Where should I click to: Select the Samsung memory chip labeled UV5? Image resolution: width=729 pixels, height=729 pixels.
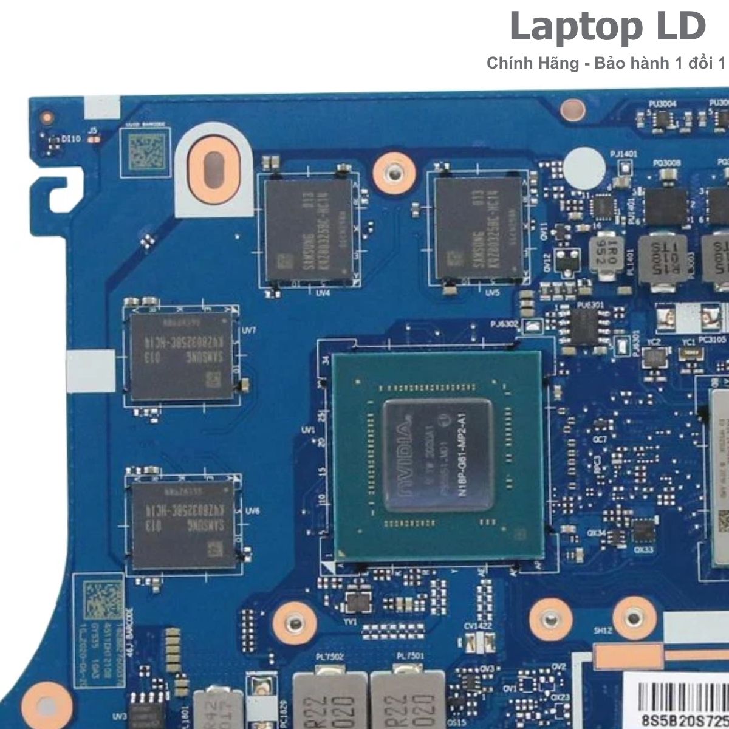tap(478, 228)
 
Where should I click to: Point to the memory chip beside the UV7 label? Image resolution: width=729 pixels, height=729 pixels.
tap(180, 355)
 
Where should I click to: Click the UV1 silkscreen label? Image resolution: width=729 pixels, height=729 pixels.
tap(309, 430)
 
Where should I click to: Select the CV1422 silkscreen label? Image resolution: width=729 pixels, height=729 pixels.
tap(477, 626)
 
